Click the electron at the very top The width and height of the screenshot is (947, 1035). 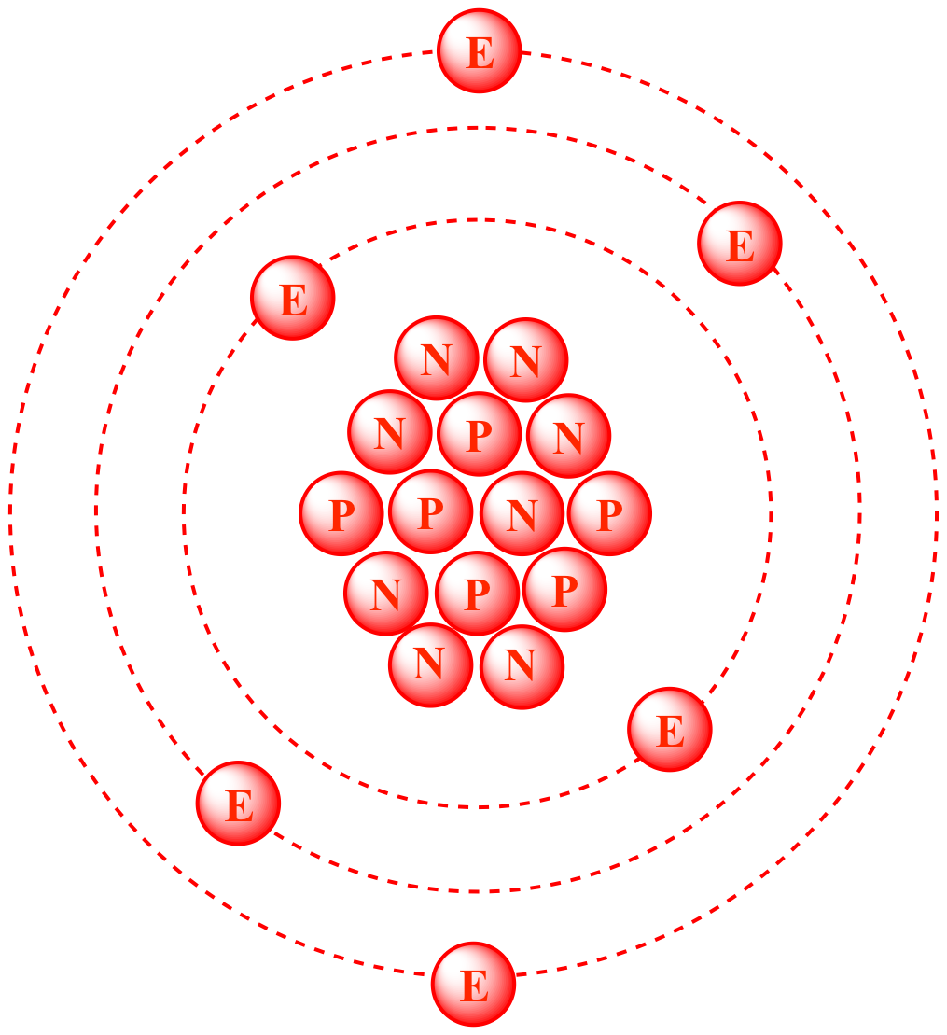(480, 50)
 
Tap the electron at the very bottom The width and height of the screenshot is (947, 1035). (473, 985)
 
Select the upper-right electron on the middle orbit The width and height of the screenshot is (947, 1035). (740, 244)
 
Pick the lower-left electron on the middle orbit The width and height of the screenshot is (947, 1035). (238, 804)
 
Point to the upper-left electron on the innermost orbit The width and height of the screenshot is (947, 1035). (293, 298)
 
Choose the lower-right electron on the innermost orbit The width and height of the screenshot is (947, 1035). (670, 730)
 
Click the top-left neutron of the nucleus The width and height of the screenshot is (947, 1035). (437, 358)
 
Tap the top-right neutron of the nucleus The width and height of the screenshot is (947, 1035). (526, 360)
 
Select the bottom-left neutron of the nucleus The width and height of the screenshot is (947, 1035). (431, 665)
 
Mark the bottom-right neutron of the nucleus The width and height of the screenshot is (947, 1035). (522, 666)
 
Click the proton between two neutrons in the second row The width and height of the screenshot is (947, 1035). (480, 434)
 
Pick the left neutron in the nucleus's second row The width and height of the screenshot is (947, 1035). (390, 432)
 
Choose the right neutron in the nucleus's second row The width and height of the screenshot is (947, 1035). (569, 436)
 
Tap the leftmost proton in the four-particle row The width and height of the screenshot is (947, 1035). (341, 513)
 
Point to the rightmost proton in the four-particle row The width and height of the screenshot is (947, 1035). (610, 513)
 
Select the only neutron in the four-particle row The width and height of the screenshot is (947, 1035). (522, 513)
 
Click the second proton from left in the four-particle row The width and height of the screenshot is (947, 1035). (431, 511)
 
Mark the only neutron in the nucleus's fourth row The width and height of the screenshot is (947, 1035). (386, 594)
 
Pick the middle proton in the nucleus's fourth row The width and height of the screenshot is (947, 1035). (477, 594)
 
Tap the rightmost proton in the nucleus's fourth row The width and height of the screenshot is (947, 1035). (564, 590)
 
